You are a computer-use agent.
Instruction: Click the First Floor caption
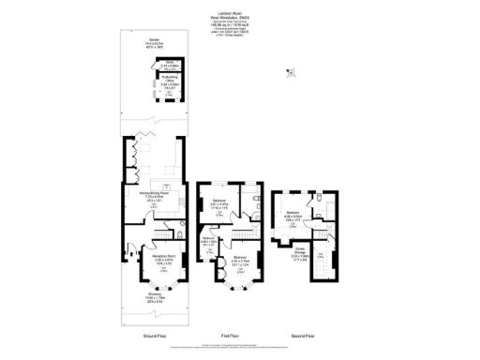[x=229, y=334]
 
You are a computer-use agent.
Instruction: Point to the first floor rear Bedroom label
[x=217, y=202]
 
